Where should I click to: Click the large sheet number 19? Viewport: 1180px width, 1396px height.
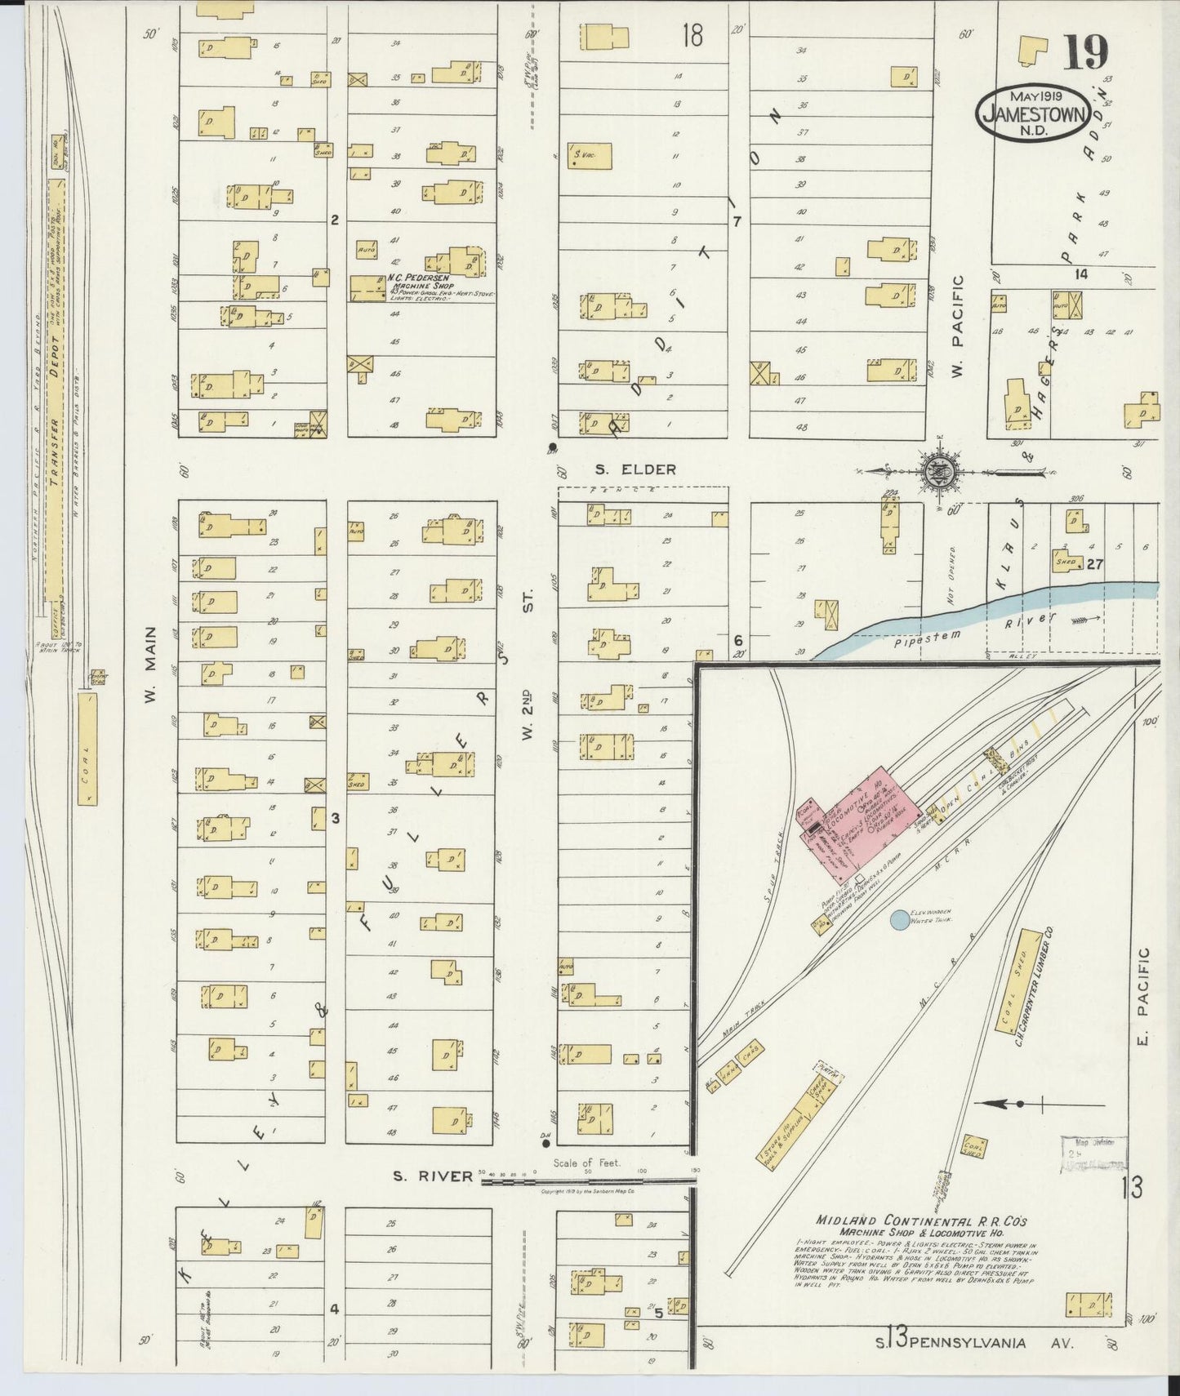(1085, 53)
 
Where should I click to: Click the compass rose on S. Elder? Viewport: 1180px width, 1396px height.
(942, 471)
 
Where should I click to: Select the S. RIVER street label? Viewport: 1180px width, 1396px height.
(432, 1176)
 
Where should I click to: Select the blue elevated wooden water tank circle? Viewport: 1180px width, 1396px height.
(897, 919)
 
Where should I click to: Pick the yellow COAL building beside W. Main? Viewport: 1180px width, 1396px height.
(87, 749)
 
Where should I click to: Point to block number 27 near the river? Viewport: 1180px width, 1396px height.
(1094, 563)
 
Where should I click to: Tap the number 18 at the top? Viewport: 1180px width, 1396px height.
(692, 36)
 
